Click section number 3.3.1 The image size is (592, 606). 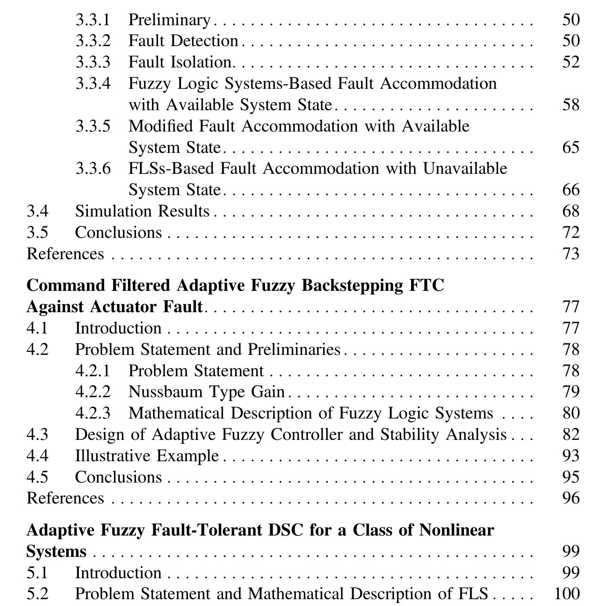(x=93, y=20)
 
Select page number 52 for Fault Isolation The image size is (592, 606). (x=571, y=62)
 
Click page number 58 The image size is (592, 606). (x=571, y=105)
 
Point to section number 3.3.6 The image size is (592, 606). (x=93, y=169)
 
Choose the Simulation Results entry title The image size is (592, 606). (x=142, y=211)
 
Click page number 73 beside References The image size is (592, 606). (x=571, y=254)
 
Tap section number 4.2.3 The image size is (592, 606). (x=93, y=413)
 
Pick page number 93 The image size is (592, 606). (x=571, y=456)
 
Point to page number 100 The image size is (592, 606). (x=566, y=594)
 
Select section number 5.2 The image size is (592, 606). (x=37, y=594)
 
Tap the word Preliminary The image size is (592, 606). (x=169, y=20)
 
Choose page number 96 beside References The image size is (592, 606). (x=571, y=498)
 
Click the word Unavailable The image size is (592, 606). (x=465, y=169)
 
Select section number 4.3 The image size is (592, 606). (x=37, y=434)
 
